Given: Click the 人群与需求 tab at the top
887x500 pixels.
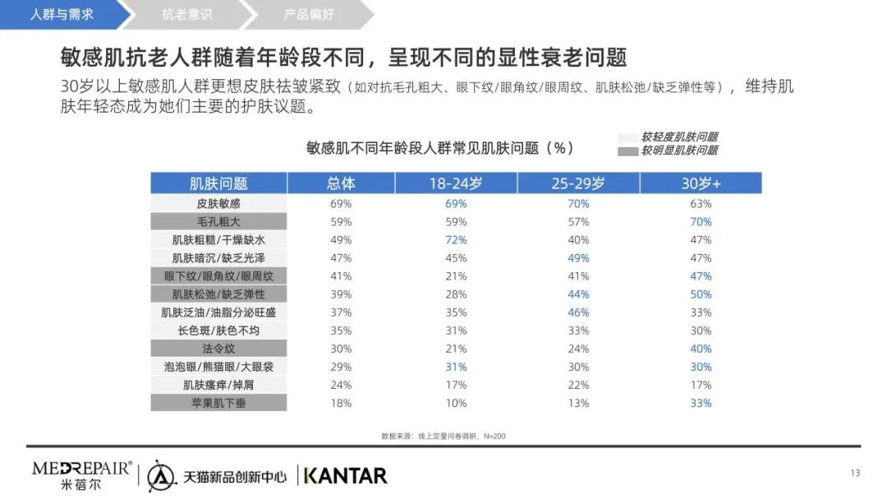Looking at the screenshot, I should point(62,15).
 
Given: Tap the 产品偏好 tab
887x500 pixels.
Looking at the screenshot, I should point(309,15).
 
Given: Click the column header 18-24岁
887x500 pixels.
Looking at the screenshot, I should point(456,183).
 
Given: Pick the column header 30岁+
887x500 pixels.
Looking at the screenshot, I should point(701,183).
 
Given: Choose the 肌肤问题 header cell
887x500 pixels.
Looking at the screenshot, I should point(218,183).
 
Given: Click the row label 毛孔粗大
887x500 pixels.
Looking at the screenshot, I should point(218,222).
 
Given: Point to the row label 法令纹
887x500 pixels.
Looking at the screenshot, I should point(218,349).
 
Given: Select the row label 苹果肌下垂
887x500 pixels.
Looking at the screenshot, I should point(218,403).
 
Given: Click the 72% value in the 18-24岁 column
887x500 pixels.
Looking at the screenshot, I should point(456,240).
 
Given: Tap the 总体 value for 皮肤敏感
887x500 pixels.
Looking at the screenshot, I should point(341,204).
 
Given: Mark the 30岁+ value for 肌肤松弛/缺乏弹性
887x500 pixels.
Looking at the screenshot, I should point(701,294).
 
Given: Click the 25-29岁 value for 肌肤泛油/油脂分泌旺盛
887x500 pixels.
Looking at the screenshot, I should point(578,312).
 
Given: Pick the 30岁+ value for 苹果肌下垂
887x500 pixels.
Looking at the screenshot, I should point(701,403).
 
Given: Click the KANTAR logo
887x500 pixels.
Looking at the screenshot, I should point(345,475).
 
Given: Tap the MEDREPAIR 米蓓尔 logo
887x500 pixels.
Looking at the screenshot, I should point(81,475).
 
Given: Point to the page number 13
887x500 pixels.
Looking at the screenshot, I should point(854,473).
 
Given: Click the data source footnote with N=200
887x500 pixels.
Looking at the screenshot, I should point(443,435).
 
